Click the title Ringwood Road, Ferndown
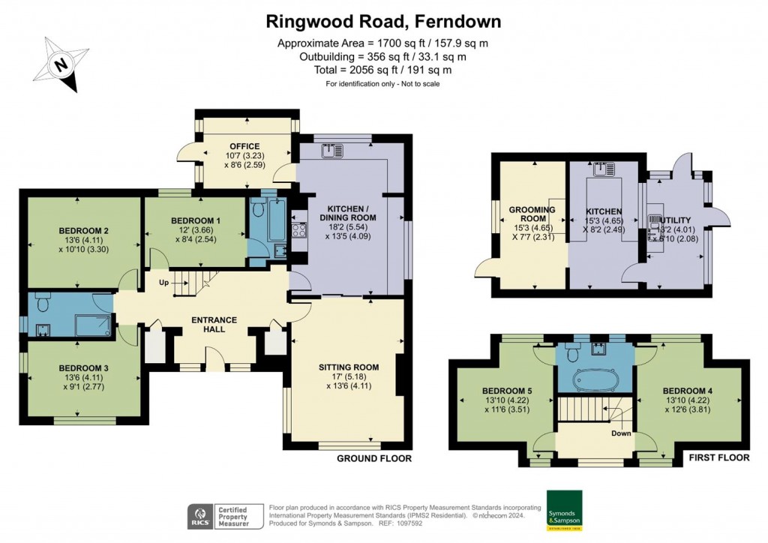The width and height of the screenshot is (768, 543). pyautogui.click(x=383, y=21)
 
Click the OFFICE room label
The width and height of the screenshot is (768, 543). pyautogui.click(x=244, y=146)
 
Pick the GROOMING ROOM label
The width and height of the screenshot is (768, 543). pyautogui.click(x=532, y=214)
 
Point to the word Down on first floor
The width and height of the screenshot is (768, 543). pyautogui.click(x=622, y=433)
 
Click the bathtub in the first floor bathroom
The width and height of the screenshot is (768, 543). pyautogui.click(x=595, y=381)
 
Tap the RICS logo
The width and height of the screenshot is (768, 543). pyautogui.click(x=199, y=517)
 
